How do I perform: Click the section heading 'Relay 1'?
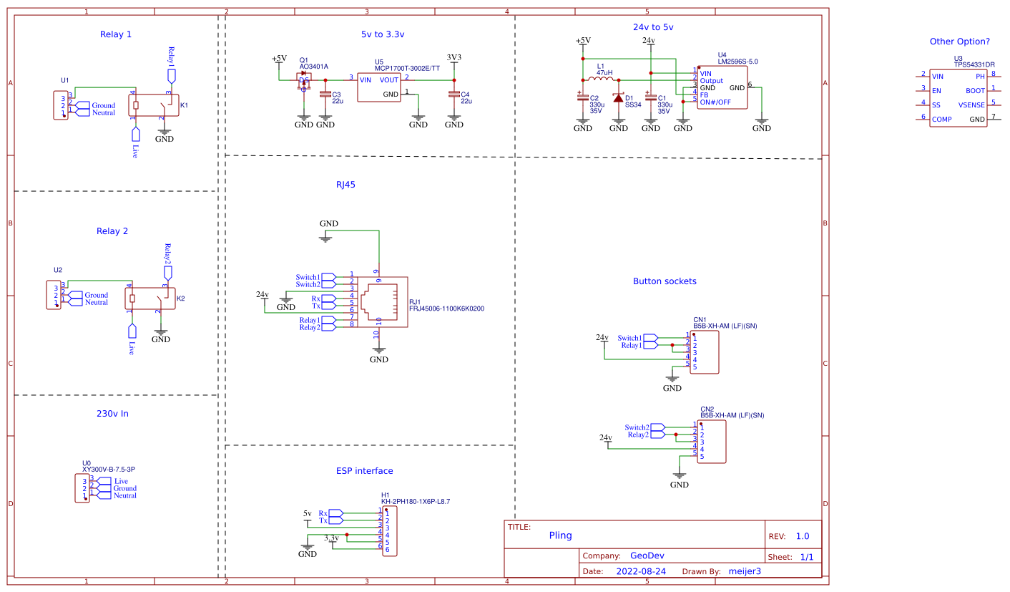click(x=115, y=34)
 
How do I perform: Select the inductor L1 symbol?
click(x=604, y=79)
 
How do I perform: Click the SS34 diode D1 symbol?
click(x=619, y=98)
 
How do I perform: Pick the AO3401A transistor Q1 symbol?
click(x=305, y=79)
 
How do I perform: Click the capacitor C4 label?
click(x=465, y=94)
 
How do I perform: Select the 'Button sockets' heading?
click(x=665, y=281)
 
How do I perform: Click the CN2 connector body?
click(x=712, y=442)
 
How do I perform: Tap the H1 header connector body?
click(x=389, y=530)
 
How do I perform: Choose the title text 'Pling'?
click(x=560, y=535)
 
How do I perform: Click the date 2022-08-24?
click(x=641, y=571)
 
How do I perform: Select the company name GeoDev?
click(x=647, y=555)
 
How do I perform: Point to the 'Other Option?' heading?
click(x=959, y=42)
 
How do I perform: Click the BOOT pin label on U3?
click(x=974, y=91)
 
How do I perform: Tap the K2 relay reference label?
click(x=181, y=298)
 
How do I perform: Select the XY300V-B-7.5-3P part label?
click(x=108, y=469)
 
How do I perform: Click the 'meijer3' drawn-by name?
click(x=744, y=571)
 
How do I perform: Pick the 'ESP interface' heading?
click(x=364, y=471)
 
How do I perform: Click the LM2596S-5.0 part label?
click(x=737, y=62)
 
